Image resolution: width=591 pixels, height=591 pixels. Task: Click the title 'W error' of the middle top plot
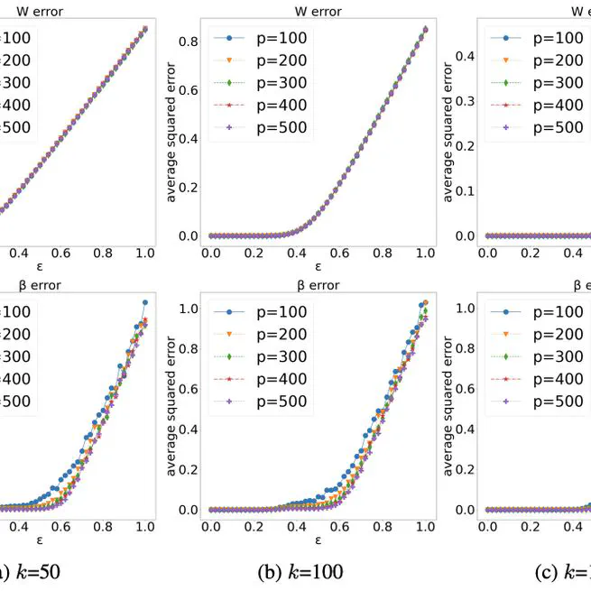point(317,12)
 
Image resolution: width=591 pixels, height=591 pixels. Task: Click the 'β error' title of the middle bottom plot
point(317,285)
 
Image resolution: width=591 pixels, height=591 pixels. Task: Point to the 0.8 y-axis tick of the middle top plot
point(188,42)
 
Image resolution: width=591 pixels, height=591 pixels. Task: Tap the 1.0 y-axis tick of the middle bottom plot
point(188,308)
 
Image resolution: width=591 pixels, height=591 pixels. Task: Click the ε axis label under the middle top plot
point(318,267)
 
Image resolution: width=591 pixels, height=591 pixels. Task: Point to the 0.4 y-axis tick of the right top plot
point(463,56)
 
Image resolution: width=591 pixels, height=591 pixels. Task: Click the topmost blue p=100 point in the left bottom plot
point(145,302)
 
